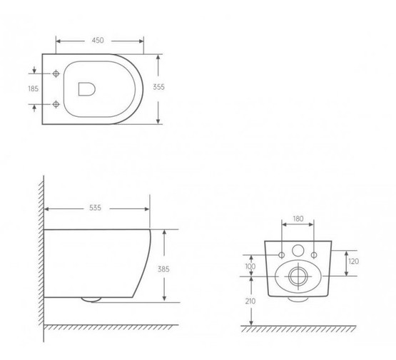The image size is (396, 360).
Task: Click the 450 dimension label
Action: [x=98, y=41]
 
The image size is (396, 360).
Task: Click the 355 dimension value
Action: [x=158, y=87]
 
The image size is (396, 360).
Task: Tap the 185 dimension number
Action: [x=33, y=89]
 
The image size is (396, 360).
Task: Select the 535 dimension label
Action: [x=95, y=208]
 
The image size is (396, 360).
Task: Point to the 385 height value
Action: [x=163, y=269]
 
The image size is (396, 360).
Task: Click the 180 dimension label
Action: [x=298, y=219]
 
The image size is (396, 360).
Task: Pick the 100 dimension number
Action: [x=250, y=267]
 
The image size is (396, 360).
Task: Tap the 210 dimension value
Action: [x=250, y=301]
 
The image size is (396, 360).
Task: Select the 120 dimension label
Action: [x=353, y=262]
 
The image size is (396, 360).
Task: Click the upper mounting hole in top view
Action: [x=56, y=73]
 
